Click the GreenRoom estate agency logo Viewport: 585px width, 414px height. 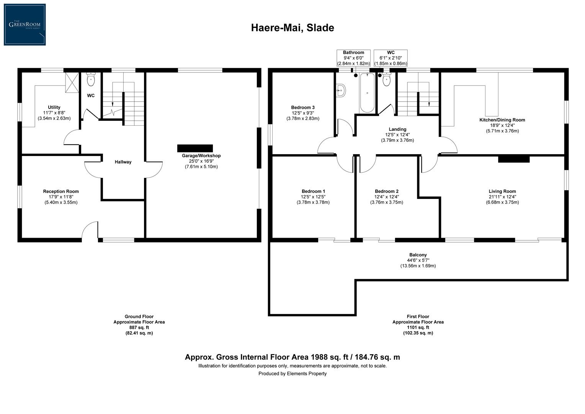[25, 25]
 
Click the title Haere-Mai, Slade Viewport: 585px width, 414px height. [292, 28]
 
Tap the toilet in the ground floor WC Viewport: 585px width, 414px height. [91, 80]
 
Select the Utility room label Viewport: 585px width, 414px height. [54, 107]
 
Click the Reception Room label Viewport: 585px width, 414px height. [61, 191]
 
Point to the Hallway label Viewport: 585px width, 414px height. [123, 162]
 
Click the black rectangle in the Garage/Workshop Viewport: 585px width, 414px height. [195, 148]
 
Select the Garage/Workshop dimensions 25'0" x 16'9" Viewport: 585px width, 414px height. [201, 161]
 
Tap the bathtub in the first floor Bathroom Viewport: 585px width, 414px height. [367, 93]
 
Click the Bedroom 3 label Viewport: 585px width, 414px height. [303, 107]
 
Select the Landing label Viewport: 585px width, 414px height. [397, 129]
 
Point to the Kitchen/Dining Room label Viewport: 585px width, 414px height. [502, 120]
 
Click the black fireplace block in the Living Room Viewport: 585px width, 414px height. [514, 159]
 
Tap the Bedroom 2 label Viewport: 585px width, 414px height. [387, 191]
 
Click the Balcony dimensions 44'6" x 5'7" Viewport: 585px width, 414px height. [418, 260]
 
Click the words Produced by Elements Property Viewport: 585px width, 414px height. [292, 373]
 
